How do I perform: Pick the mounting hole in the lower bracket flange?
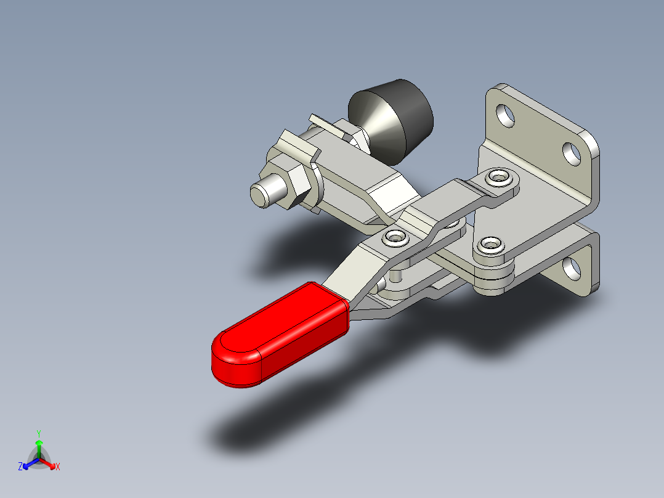(x=573, y=267)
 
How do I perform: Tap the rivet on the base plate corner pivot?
(x=490, y=244)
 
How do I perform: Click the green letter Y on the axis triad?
(x=38, y=433)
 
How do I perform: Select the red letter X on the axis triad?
(x=58, y=467)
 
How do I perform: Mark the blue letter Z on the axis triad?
(x=20, y=467)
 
